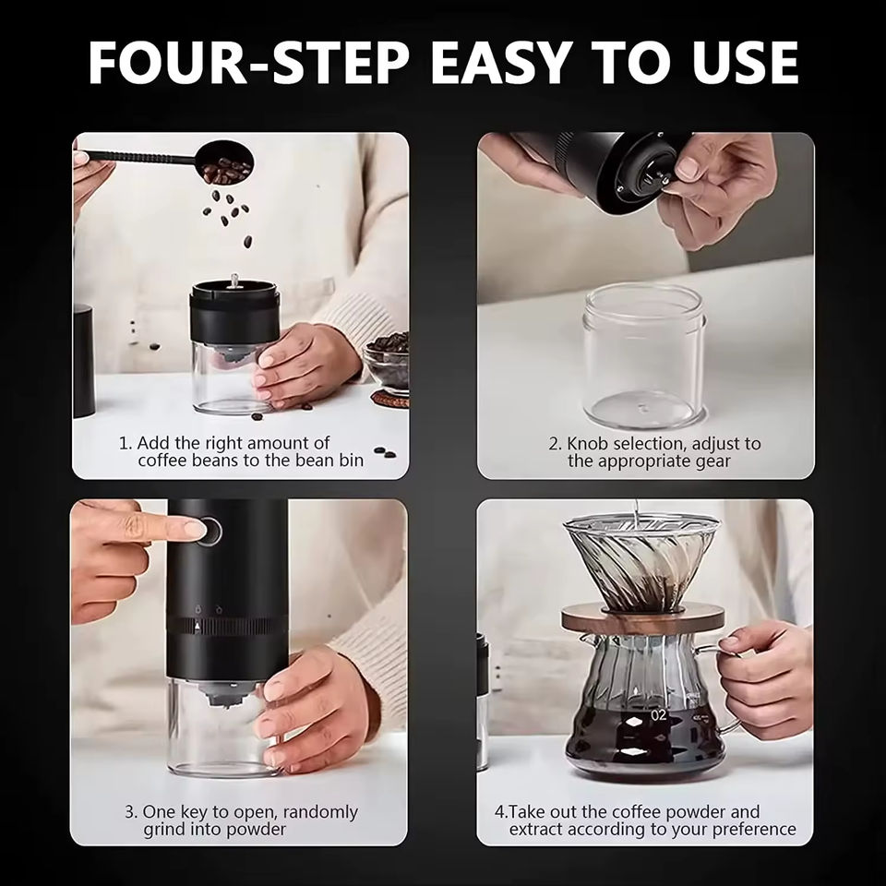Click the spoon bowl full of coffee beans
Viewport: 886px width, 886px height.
[226, 162]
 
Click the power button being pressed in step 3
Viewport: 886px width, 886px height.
[210, 532]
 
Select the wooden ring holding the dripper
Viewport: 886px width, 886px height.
[642, 618]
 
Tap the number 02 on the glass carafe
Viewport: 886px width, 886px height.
[658, 714]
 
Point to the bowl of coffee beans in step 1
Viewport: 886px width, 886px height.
[387, 362]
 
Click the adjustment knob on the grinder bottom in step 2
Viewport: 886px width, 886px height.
[650, 180]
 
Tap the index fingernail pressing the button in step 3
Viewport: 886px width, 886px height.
[194, 530]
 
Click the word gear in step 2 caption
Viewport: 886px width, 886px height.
[713, 461]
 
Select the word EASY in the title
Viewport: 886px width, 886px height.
[500, 62]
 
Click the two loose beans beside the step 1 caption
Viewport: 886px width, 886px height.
[384, 452]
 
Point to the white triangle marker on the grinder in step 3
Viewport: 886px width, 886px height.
[198, 626]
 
